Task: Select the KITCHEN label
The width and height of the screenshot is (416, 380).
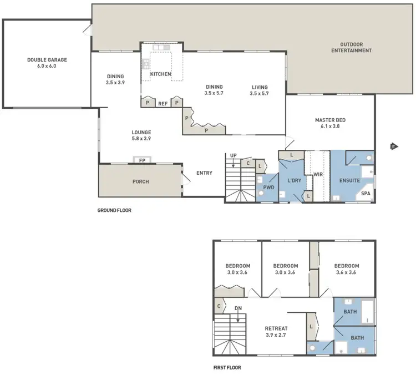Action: (160, 74)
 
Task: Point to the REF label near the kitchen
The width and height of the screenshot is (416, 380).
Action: (163, 104)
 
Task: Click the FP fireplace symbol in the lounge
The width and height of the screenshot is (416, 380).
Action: (142, 160)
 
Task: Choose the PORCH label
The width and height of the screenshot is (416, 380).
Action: (140, 181)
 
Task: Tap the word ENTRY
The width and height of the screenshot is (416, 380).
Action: (204, 173)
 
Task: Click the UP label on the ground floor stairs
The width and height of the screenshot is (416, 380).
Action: (234, 156)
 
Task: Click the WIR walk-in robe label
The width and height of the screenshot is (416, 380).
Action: (318, 174)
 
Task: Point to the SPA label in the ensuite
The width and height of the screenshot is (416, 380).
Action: (366, 194)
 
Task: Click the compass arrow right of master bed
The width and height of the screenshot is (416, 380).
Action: (393, 146)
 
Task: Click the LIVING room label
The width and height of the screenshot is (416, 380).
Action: (260, 87)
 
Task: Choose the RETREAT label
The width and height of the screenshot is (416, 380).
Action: (276, 328)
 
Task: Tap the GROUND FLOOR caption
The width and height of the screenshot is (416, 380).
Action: (114, 210)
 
